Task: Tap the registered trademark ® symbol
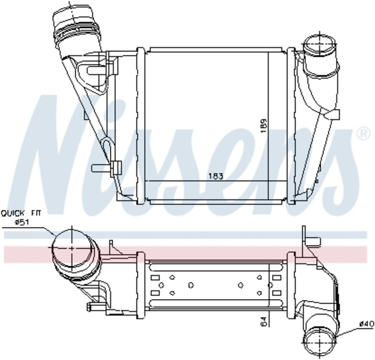point(363,134)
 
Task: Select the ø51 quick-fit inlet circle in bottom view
point(72,248)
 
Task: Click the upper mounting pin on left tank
point(95,70)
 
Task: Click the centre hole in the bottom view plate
point(190,285)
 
